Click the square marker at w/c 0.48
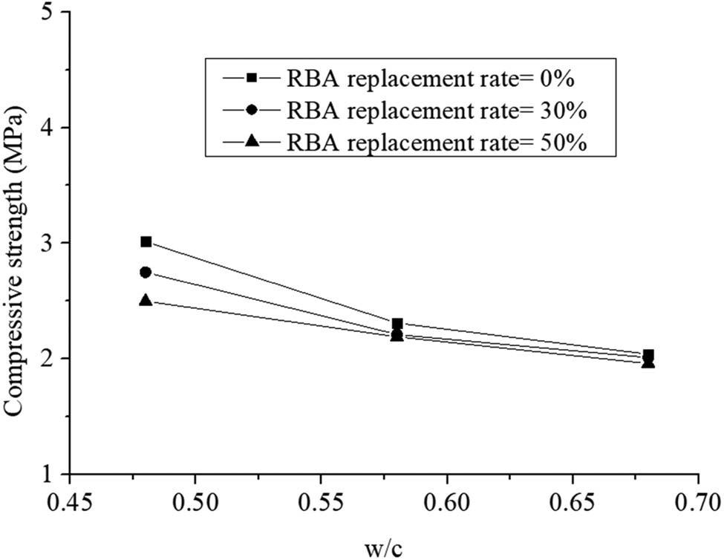point(146,241)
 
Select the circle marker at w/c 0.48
point(146,273)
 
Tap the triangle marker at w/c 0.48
point(146,301)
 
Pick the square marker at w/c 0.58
point(397,324)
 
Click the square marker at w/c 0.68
point(648,355)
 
